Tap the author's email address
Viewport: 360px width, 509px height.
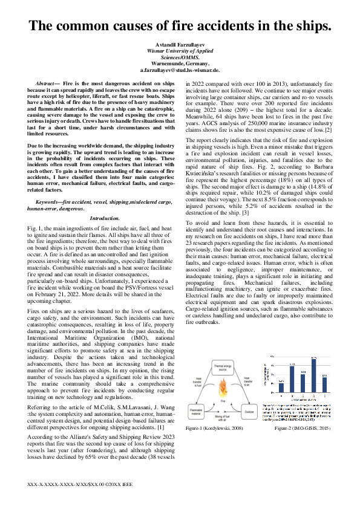pyautogui.click(x=179, y=71)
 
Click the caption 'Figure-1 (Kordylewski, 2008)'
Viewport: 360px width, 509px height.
pyautogui.click(x=223, y=428)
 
